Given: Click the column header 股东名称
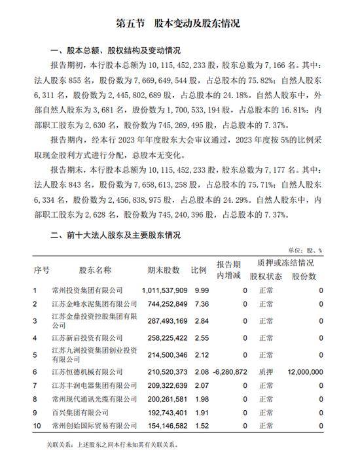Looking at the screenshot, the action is (x=96, y=270).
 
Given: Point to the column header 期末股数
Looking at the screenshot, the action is (x=164, y=270).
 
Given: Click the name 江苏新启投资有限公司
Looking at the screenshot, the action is (x=87, y=338).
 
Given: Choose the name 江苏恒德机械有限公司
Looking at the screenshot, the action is (x=87, y=372).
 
